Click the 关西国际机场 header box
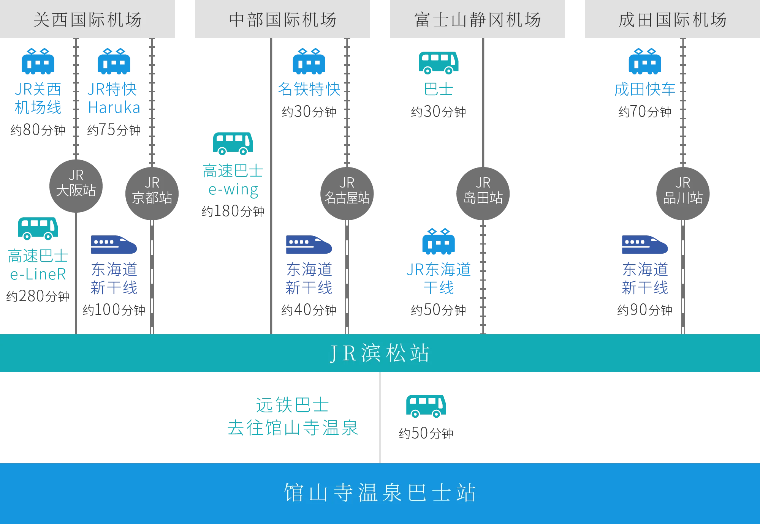click(88, 20)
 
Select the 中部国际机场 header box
click(282, 20)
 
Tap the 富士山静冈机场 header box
click(477, 20)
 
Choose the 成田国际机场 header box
click(672, 20)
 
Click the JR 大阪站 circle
click(76, 185)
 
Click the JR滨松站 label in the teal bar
click(380, 353)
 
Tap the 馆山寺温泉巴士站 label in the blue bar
click(380, 492)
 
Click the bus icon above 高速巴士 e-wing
click(233, 144)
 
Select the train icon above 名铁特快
click(309, 61)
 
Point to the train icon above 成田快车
click(644, 61)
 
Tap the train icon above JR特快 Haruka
click(114, 61)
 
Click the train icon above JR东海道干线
click(438, 242)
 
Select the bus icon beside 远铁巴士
click(425, 406)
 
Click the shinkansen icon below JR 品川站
click(644, 245)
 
